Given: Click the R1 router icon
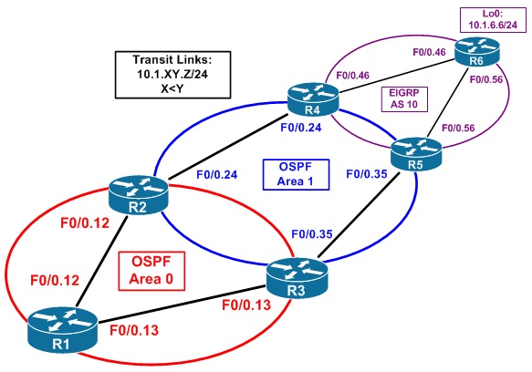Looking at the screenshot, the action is pos(62,330).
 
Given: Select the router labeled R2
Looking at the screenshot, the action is pos(139,195).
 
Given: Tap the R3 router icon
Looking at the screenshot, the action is pos(297,279).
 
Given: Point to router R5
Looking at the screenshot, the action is pos(416,154).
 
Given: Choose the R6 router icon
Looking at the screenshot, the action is pos(477,52).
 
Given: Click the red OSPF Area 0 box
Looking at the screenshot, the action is pos(151,271).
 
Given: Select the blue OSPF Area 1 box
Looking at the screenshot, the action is pos(296,174).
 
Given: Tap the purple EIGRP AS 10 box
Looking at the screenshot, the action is pos(404,99).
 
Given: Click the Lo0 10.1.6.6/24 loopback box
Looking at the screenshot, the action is pos(493,20).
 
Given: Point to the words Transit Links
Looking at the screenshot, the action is pos(172,59).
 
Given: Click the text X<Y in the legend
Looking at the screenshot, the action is pos(172,88).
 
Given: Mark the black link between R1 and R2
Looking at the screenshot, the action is pos(102,261).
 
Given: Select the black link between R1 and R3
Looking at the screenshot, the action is pos(182,305).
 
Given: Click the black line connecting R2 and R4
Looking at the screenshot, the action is pos(228,146).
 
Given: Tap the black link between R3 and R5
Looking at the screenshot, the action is pos(359,214).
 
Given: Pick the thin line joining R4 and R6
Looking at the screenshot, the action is pos(397,76).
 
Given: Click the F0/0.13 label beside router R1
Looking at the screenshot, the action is pos(134,330).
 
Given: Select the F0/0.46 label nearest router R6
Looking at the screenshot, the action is pos(429,52).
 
